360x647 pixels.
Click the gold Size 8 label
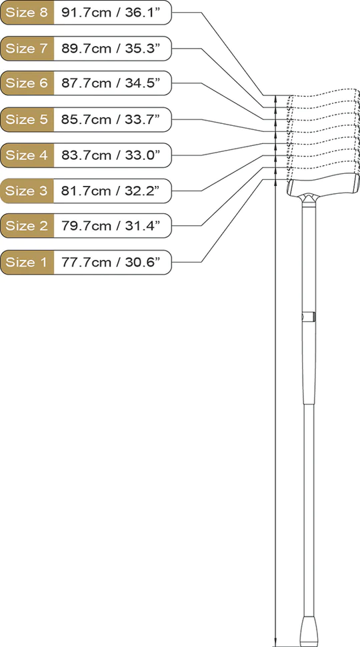[27, 13]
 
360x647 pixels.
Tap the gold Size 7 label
[27, 48]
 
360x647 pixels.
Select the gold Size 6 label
[27, 83]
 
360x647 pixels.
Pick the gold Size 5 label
[27, 120]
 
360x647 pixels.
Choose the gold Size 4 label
[27, 155]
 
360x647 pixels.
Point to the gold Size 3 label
[27, 191]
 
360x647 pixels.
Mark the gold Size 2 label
[27, 226]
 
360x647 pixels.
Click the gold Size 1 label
[27, 262]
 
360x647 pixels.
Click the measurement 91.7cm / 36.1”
[110, 13]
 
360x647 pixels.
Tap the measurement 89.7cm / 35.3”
[110, 48]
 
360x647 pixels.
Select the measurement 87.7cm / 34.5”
[110, 83]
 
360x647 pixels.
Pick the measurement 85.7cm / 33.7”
[110, 120]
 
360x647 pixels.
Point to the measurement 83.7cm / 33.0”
[110, 155]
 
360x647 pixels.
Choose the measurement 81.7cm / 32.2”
[110, 191]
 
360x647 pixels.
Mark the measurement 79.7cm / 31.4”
[110, 226]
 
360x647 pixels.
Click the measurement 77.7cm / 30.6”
[110, 262]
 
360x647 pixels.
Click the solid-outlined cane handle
[323, 187]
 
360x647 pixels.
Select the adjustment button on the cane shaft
[315, 317]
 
